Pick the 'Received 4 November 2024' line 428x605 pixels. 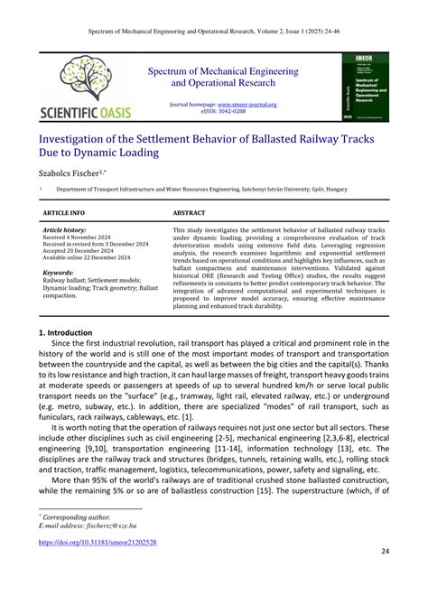pos(80,238)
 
